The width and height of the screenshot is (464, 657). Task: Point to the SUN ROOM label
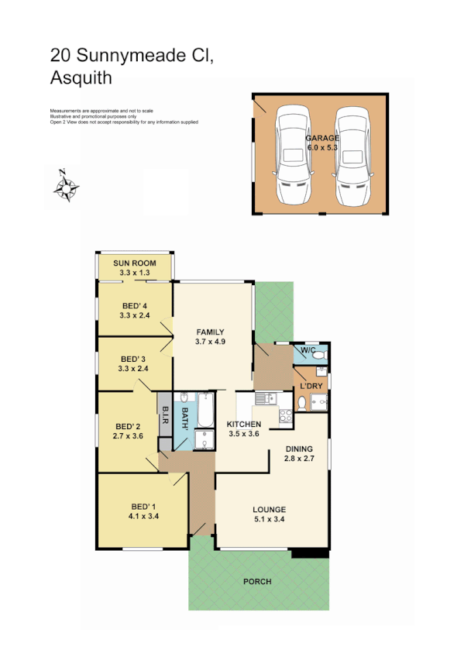(x=135, y=264)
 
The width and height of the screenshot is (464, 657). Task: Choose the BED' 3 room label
(x=134, y=359)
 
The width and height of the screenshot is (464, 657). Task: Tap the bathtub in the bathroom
(x=205, y=411)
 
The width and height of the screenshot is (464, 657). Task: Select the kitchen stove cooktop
(x=284, y=415)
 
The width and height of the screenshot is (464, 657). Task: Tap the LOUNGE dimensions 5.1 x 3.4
(x=269, y=520)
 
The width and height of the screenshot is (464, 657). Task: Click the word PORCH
(x=257, y=581)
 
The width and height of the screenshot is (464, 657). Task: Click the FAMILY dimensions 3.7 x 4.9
(x=209, y=342)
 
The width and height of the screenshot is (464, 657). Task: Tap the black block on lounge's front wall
(x=310, y=553)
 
